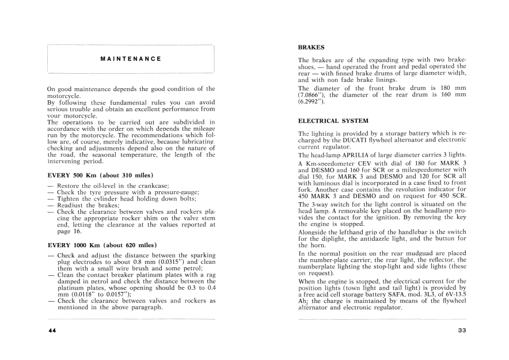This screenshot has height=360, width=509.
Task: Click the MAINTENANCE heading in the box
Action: pos(130,59)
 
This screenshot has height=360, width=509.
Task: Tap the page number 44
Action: pos(52,330)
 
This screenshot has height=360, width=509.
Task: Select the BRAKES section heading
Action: pos(312,47)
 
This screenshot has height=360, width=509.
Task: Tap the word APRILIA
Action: pos(361,156)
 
